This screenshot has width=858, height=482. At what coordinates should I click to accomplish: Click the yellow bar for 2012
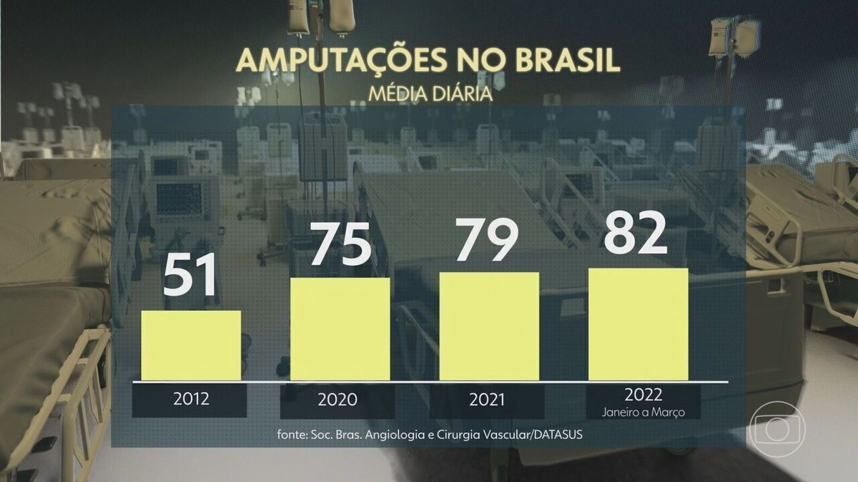[x=191, y=345]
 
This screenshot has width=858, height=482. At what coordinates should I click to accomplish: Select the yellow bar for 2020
[x=340, y=328]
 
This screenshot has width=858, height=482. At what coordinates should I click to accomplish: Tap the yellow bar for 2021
[x=489, y=326]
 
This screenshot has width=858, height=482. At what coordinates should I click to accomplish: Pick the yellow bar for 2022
[x=638, y=324]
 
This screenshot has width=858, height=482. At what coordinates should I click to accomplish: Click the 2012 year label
[x=190, y=399]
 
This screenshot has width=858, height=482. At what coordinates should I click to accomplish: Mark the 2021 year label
[x=487, y=399]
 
